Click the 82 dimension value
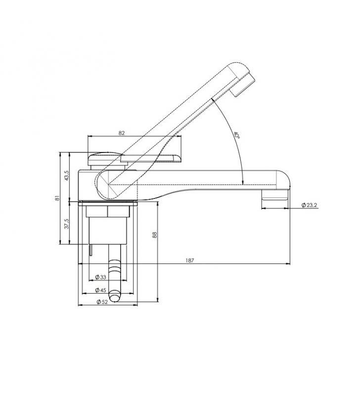pos(122,133)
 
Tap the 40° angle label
pos(236,135)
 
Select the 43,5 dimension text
pos(67,175)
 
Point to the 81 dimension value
pos(57,198)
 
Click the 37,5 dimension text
pos(67,224)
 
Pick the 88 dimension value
pos(155,235)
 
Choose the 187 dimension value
pos(190,260)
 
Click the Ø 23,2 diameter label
pos(309,205)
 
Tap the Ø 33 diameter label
pos(101,277)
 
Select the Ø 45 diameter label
pos(101,290)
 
